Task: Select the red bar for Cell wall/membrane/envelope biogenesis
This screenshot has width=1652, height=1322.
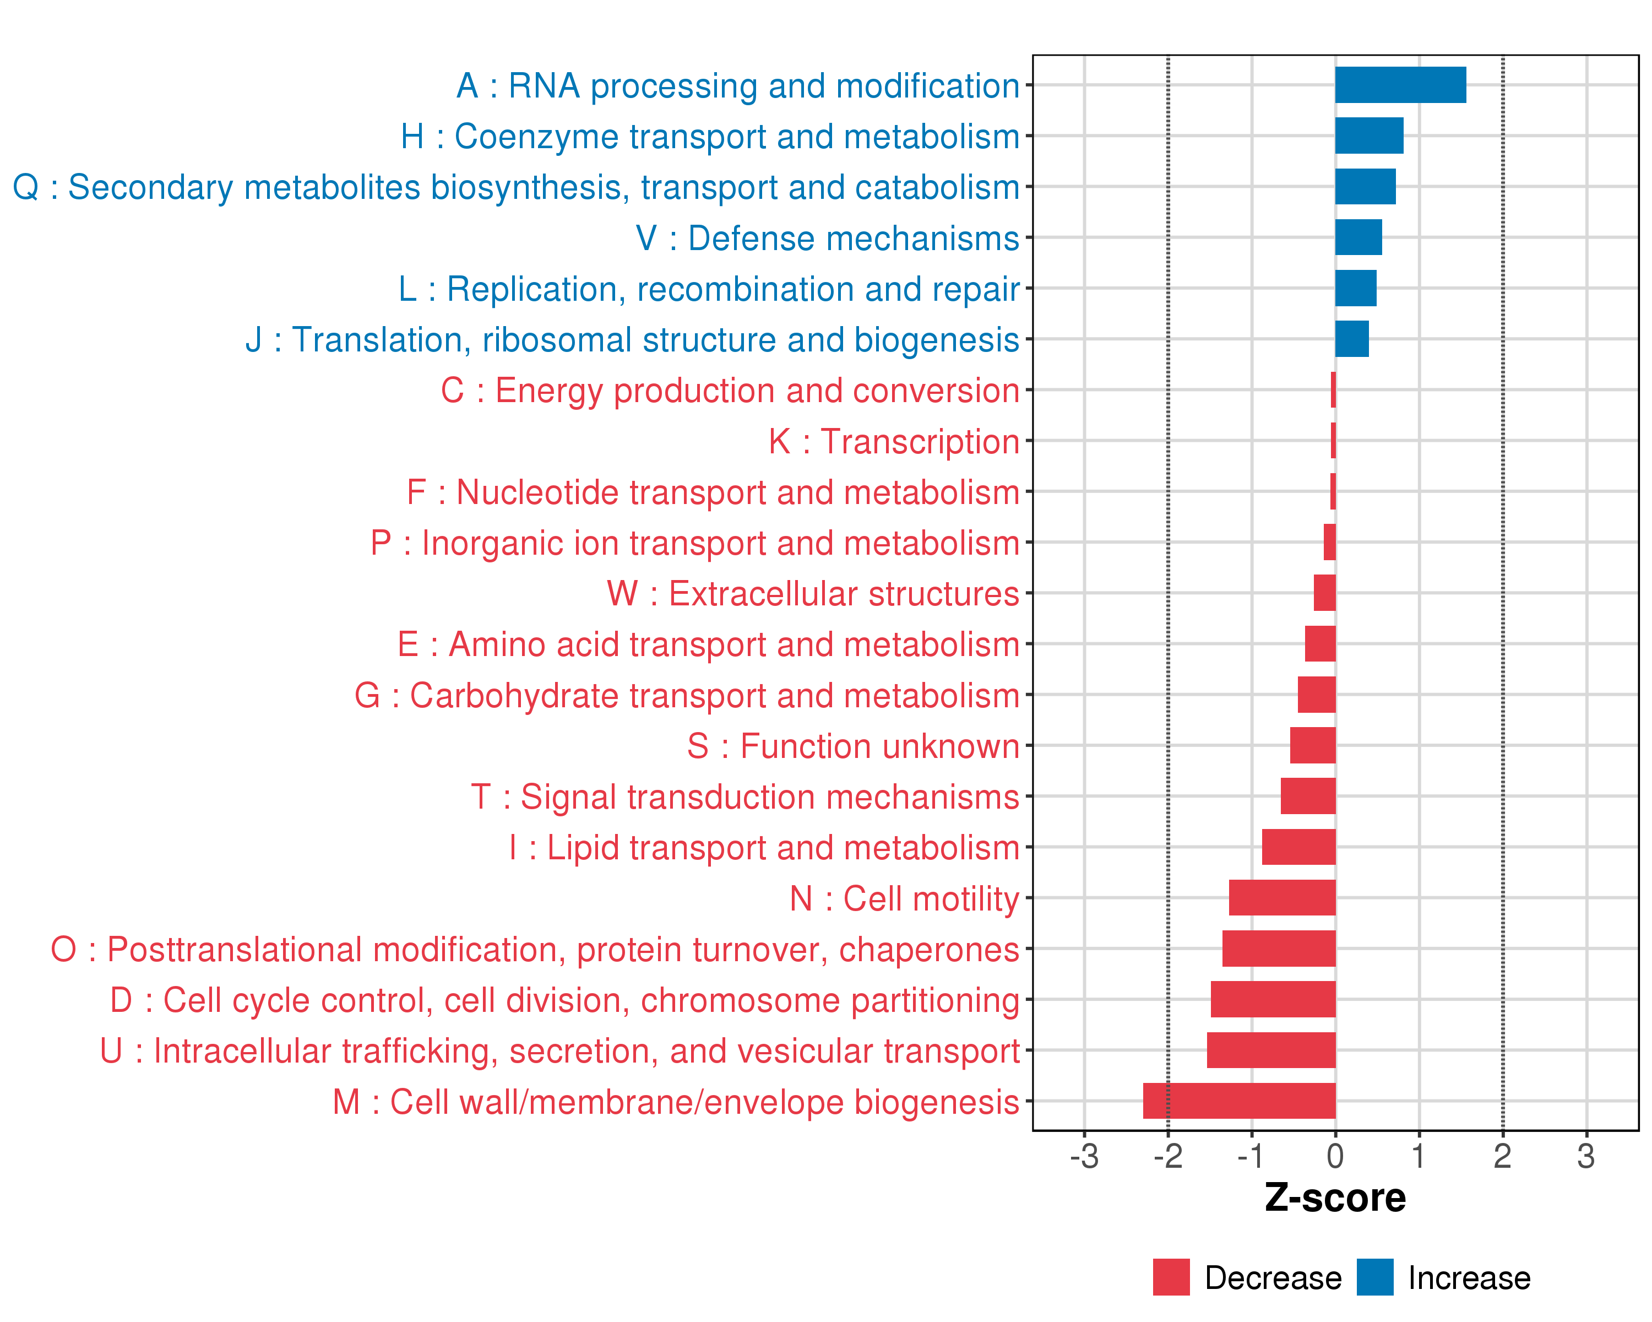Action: tap(1239, 1101)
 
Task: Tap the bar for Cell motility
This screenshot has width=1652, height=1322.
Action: tap(1282, 897)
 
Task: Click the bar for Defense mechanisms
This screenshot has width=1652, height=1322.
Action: tap(1358, 237)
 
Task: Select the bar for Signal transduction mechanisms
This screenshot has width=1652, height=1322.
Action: tap(1307, 797)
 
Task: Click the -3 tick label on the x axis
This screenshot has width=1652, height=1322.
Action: tap(1084, 1156)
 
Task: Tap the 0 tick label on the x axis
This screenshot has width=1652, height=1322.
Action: tap(1335, 1156)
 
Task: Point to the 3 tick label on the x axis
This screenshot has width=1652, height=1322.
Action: tap(1585, 1156)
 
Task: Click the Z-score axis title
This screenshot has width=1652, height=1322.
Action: tap(1335, 1198)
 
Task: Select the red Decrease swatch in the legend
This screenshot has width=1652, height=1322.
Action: tap(1171, 1277)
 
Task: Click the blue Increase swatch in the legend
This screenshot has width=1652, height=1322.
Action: tap(1374, 1277)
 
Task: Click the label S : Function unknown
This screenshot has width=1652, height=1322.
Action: tap(853, 746)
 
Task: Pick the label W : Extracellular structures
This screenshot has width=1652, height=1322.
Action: tap(812, 594)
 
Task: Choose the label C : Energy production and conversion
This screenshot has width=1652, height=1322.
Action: tap(730, 391)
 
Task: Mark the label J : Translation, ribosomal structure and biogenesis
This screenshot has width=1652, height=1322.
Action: tap(632, 339)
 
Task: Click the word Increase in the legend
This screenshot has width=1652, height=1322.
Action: tap(1469, 1278)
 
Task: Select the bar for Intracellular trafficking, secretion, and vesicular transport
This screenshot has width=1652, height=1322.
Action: tap(1270, 1050)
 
